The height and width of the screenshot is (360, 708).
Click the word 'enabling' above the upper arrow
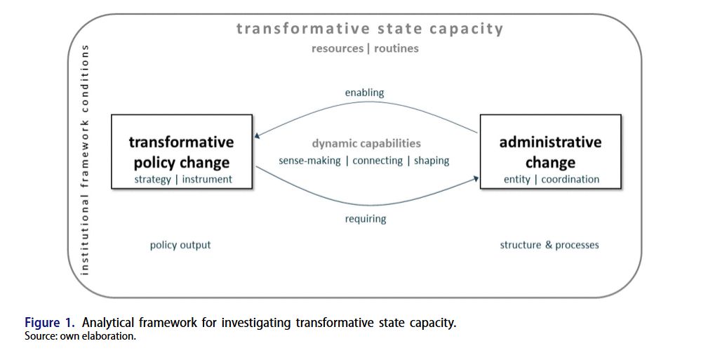pos(364,93)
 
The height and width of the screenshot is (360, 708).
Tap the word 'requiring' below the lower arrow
pos(365,219)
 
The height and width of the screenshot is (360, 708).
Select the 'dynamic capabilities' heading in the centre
pos(366,144)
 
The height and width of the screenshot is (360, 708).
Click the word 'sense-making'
pos(309,161)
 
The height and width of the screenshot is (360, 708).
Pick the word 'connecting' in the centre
pos(378,161)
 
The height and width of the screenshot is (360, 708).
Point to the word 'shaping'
pos(432,161)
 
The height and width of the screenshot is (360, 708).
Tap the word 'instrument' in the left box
pos(207,180)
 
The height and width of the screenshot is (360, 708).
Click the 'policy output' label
pos(180,245)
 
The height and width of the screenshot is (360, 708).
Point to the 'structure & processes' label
pos(549,245)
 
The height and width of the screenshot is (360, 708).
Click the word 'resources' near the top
pos(337,49)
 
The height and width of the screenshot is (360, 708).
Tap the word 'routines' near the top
pos(396,49)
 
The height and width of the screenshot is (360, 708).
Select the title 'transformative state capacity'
pos(370,29)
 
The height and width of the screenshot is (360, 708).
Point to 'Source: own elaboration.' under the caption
pos(80,336)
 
